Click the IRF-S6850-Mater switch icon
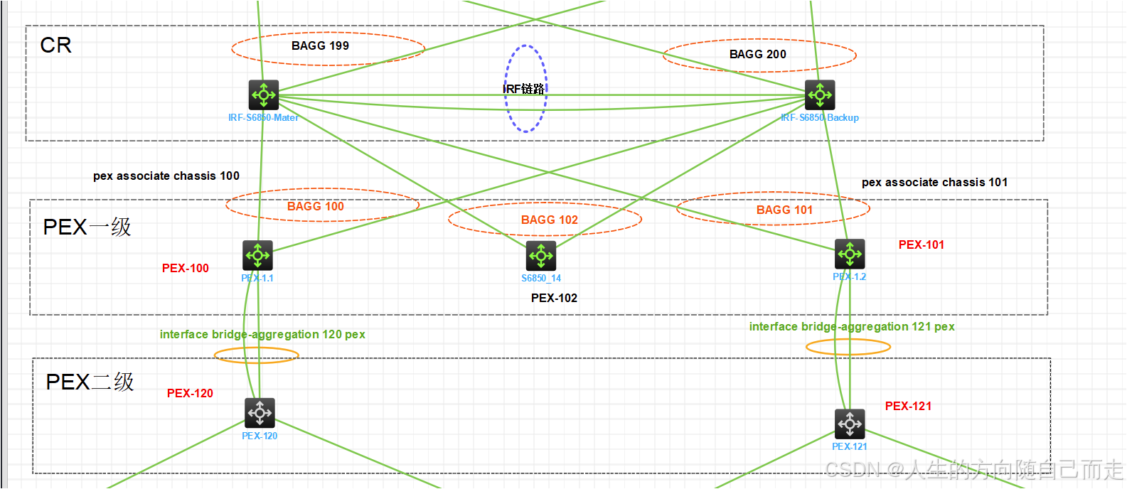click(264, 95)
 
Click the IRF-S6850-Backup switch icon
click(820, 95)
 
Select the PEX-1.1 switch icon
click(257, 255)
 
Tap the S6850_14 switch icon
click(541, 256)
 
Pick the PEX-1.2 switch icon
click(850, 254)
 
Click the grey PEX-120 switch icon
click(260, 413)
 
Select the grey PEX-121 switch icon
click(850, 424)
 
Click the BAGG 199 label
click(320, 45)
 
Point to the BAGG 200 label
click(757, 54)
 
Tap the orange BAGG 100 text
click(315, 206)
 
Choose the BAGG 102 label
click(549, 220)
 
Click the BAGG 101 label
click(784, 210)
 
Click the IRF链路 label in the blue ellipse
click(524, 89)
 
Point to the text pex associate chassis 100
click(166, 176)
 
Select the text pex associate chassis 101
click(934, 182)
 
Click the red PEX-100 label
click(186, 268)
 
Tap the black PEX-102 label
click(554, 298)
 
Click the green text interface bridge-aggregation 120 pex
click(262, 334)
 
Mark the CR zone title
click(55, 45)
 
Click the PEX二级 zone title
click(90, 382)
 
